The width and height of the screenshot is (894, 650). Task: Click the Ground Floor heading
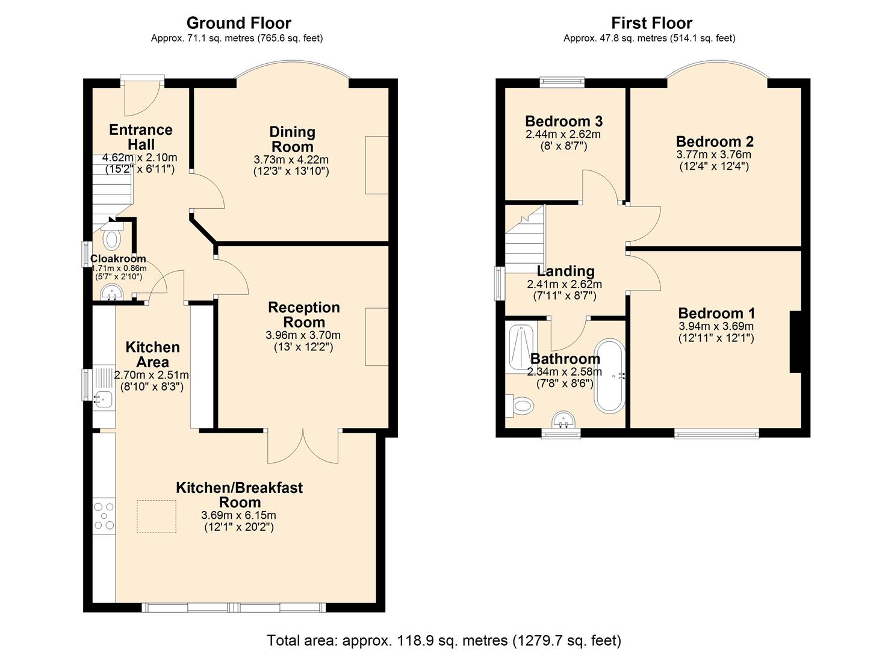point(238,23)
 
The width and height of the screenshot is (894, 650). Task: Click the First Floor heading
point(651,23)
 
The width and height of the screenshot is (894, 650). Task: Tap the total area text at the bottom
point(444,640)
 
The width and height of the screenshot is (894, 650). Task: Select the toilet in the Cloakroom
point(111,237)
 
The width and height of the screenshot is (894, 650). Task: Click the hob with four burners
point(104,516)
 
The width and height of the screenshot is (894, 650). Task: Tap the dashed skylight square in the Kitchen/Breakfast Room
point(157,516)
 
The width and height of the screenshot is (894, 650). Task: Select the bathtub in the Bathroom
point(610,376)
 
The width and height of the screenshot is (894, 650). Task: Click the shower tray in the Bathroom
point(521,348)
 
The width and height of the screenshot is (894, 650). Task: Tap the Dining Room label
point(292,139)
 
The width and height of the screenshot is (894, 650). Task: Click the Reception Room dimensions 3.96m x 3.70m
point(303,335)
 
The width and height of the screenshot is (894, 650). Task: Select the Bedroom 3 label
point(563,121)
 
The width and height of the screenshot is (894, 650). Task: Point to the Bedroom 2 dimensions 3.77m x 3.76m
point(713,155)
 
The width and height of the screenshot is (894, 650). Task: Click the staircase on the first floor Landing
point(524,240)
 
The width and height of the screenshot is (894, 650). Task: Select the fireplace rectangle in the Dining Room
point(377,165)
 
